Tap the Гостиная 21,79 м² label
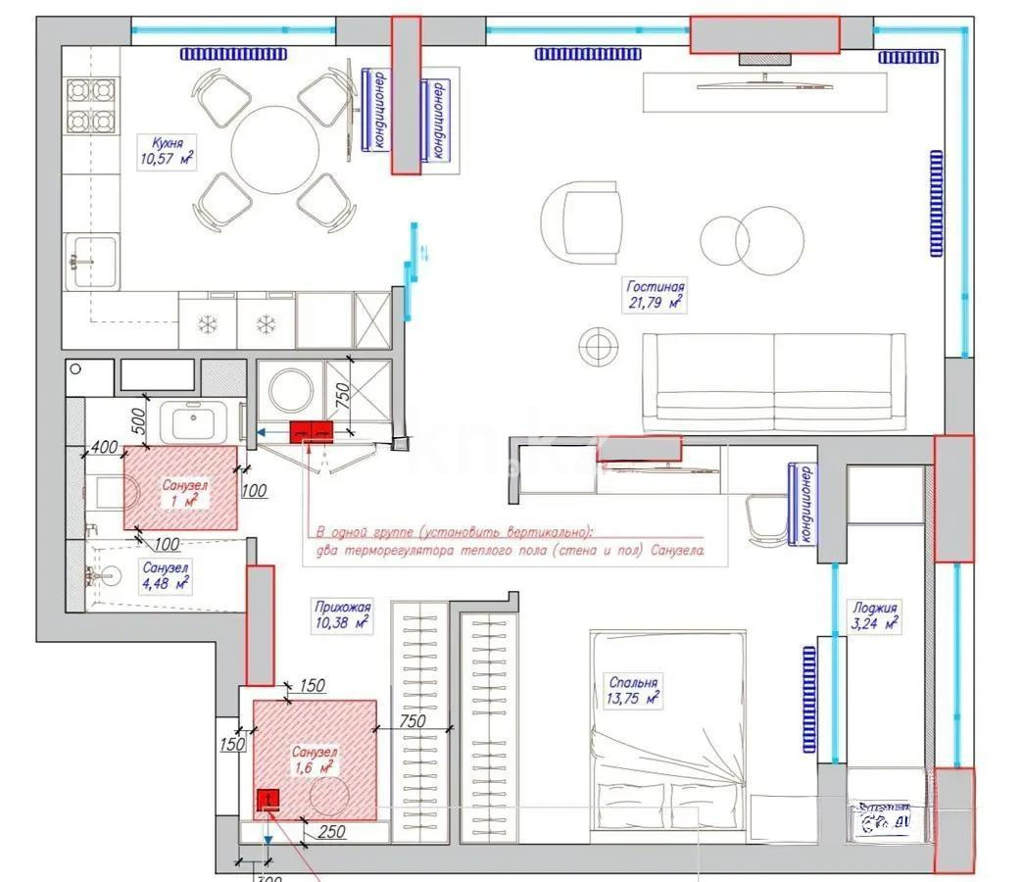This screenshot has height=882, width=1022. click(x=656, y=295)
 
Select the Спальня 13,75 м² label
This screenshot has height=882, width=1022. click(x=633, y=690)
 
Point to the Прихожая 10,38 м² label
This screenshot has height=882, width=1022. click(x=341, y=613)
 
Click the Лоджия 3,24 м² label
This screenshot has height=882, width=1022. click(x=874, y=614)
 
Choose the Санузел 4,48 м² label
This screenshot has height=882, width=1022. click(x=165, y=575)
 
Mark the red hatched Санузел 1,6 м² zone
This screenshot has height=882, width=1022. click(x=316, y=759)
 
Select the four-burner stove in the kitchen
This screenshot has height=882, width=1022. click(x=90, y=107)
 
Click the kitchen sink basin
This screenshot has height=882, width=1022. click(x=93, y=262)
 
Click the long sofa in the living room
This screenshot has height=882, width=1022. click(x=773, y=381)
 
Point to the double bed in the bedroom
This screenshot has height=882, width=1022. click(x=666, y=735)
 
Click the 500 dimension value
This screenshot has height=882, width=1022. click(x=138, y=420)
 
